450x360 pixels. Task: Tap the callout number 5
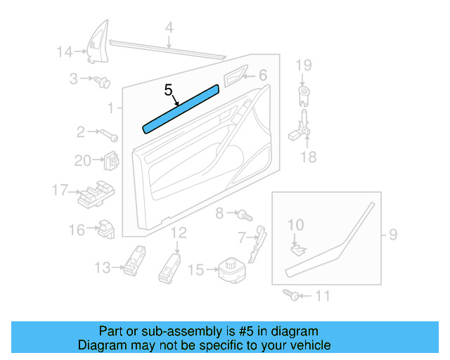169,90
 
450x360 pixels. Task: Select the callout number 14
65,51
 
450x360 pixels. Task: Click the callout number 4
169,28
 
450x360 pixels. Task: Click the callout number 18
309,157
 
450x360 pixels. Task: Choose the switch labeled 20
111,161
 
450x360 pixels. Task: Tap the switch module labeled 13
134,262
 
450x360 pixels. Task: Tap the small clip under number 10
297,247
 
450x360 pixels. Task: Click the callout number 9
393,233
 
